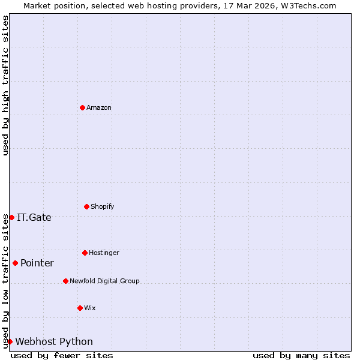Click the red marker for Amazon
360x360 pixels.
[x=82, y=107]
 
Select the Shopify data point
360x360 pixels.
[x=86, y=206]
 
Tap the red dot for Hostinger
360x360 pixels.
[x=85, y=253]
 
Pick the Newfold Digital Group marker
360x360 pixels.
[x=65, y=281]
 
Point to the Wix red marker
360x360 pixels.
[x=80, y=308]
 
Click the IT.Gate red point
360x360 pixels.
[x=11, y=217]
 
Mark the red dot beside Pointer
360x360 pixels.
[x=15, y=263]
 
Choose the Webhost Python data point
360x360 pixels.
[x=10, y=341]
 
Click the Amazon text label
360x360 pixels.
[x=99, y=108]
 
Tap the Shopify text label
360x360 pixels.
[x=103, y=207]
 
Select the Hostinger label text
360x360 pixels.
[x=104, y=253]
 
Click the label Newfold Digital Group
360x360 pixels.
[x=104, y=281]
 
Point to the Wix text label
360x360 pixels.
[x=90, y=308]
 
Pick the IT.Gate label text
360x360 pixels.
[x=34, y=218]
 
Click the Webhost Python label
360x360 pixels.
[x=54, y=342]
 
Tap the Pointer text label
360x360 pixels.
[x=37, y=263]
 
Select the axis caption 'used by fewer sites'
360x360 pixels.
[x=62, y=355]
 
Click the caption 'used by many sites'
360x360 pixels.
[x=301, y=355]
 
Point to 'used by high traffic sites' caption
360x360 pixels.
[x=5, y=85]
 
